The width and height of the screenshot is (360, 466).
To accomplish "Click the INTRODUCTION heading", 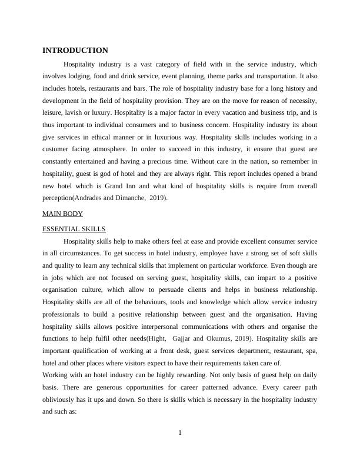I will pyautogui.click(x=75, y=51).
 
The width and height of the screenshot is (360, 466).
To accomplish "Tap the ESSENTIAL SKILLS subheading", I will pyautogui.click(x=74, y=229).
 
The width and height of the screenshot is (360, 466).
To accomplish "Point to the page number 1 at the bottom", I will pyautogui.click(x=180, y=434).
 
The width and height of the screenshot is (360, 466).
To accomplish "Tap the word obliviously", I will pyautogui.click(x=64, y=401).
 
